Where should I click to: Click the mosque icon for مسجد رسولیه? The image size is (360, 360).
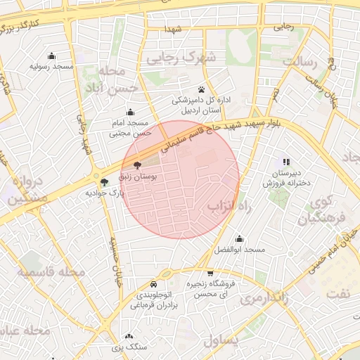[51, 56]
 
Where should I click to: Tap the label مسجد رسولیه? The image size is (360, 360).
[51, 66]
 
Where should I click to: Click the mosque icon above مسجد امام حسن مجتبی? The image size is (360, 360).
[130, 112]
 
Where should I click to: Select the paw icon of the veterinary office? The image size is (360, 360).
[202, 89]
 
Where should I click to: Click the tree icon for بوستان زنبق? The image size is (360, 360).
[136, 167]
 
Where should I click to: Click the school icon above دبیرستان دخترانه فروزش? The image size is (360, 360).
[286, 162]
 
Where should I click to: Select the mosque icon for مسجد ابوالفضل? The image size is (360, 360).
[239, 239]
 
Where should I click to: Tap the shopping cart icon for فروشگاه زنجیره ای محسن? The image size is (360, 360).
[210, 273]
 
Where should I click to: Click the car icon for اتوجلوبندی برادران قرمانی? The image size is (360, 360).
[153, 285]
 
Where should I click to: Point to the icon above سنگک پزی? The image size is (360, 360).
[129, 337]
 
